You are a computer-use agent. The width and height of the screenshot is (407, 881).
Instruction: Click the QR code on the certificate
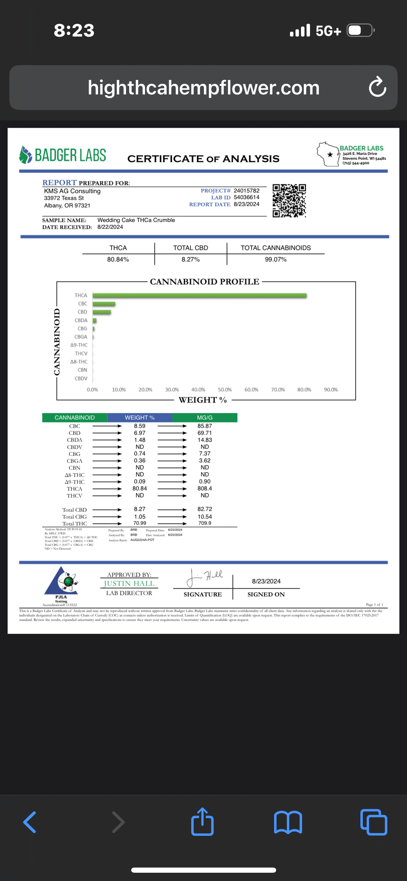tap(289, 201)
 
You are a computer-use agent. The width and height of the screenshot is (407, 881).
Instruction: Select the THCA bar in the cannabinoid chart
tap(200, 295)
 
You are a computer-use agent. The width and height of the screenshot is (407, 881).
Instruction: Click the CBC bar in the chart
tap(104, 304)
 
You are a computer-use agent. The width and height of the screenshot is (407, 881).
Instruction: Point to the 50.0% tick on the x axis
tap(225, 389)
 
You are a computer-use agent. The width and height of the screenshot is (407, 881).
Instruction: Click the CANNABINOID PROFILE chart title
tap(204, 282)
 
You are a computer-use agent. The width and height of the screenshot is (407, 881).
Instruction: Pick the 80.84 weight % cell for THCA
tap(139, 488)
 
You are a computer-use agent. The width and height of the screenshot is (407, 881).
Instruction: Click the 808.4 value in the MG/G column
tap(205, 488)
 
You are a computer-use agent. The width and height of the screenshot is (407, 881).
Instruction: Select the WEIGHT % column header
tap(139, 417)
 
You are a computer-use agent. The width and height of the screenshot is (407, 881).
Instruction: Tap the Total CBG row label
tap(75, 517)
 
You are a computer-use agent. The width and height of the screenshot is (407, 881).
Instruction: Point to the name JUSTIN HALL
tap(129, 583)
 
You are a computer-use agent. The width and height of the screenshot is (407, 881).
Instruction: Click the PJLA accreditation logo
tap(61, 582)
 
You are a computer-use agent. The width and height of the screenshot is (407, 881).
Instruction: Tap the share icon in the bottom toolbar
tap(202, 822)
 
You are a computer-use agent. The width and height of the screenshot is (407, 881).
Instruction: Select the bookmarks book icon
tap(288, 822)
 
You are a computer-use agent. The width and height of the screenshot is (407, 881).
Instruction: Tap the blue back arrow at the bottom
tap(30, 822)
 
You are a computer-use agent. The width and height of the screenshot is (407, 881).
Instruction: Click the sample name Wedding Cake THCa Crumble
tap(136, 220)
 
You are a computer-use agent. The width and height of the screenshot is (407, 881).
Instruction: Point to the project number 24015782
tap(246, 191)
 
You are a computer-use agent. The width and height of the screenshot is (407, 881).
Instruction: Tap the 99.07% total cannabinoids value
tap(275, 259)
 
